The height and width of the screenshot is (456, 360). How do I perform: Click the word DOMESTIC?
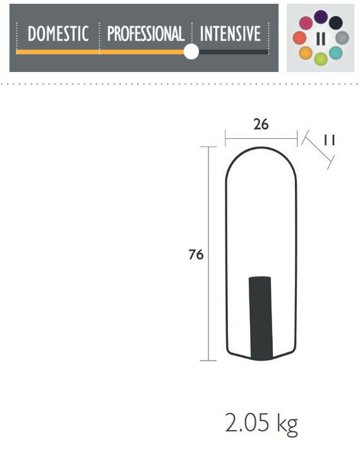(x=58, y=33)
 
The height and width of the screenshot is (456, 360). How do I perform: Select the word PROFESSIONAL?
(x=146, y=33)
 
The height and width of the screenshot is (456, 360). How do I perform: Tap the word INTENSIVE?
(x=230, y=33)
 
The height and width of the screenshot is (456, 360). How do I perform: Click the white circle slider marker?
(x=191, y=52)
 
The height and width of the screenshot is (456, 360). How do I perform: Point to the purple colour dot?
(x=321, y=17)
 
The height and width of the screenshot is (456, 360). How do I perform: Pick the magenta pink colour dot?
(x=306, y=23)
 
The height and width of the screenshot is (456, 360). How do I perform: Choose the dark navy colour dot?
(x=336, y=23)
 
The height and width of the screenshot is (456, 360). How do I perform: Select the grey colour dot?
(x=342, y=38)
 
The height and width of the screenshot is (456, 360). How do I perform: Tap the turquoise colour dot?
(x=336, y=53)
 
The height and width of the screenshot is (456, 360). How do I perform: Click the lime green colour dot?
(x=321, y=59)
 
